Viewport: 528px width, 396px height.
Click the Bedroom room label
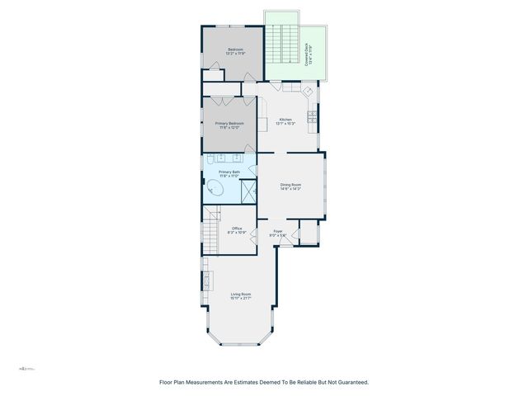click(x=235, y=50)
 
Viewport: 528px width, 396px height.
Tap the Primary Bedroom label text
click(x=229, y=125)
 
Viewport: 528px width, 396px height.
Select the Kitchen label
click(x=286, y=120)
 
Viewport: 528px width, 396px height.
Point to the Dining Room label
click(x=290, y=186)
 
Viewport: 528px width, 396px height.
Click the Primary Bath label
click(x=229, y=173)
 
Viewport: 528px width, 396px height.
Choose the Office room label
click(x=237, y=230)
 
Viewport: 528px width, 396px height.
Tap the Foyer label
click(x=278, y=233)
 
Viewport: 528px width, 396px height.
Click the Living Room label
click(x=240, y=295)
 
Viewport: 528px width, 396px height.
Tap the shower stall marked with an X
click(x=245, y=190)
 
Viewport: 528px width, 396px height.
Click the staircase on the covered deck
click(x=285, y=45)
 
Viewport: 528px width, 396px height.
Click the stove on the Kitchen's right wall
click(x=313, y=116)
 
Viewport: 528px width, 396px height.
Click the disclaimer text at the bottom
click(x=263, y=382)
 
